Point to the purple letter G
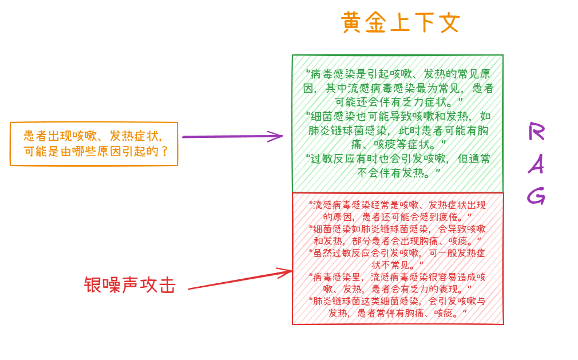point(536,196)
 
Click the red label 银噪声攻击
point(129,285)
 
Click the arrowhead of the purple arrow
point(279,136)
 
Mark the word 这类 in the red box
point(371,301)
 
